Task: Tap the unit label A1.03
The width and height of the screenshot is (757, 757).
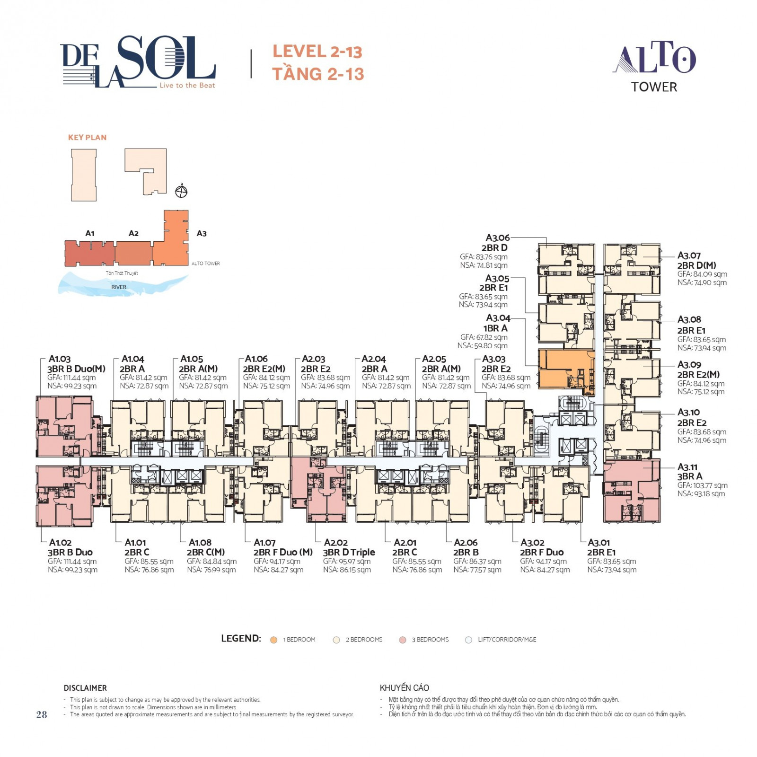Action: pos(60,359)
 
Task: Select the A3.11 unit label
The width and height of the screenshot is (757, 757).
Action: pos(687,467)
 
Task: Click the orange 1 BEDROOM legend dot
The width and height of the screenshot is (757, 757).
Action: pos(273,640)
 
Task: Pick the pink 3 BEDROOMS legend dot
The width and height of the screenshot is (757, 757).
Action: pos(403,640)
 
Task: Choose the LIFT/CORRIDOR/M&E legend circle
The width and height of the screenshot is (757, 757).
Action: pos(468,640)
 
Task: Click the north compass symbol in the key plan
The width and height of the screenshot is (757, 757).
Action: pos(181,191)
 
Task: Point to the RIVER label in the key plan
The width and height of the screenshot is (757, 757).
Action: pos(119,287)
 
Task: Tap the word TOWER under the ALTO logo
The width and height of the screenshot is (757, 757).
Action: pos(654,87)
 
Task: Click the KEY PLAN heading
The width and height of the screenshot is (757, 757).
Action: pos(87,137)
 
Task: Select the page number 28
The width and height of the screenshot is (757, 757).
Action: pos(42,714)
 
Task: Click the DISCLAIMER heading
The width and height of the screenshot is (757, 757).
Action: pos(85,688)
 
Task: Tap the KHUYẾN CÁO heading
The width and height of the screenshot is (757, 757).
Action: pos(404,687)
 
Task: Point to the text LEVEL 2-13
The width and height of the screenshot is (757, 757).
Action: pos(317,52)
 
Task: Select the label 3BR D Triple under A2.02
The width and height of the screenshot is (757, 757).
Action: pos(349,552)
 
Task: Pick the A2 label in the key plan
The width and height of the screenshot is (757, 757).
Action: pos(133,233)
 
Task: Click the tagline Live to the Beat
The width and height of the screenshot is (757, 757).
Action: pos(187,85)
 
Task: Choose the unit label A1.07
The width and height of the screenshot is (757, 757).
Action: pos(264,542)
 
